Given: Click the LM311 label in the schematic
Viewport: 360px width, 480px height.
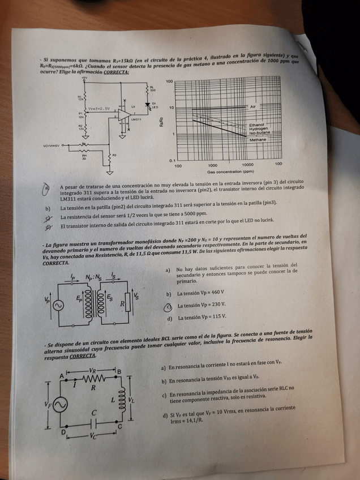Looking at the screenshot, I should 136,119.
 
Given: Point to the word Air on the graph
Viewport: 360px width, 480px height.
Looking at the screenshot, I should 252,106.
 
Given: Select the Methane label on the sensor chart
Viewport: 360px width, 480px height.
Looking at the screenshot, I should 258,139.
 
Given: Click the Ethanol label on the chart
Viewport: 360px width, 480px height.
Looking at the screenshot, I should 256,125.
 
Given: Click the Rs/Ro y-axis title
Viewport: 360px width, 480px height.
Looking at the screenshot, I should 161,122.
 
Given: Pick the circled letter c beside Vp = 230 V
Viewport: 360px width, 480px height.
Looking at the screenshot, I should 168,306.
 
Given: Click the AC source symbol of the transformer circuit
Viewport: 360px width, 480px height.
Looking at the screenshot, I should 57,304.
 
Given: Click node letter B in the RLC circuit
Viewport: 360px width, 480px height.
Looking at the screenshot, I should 118,372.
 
